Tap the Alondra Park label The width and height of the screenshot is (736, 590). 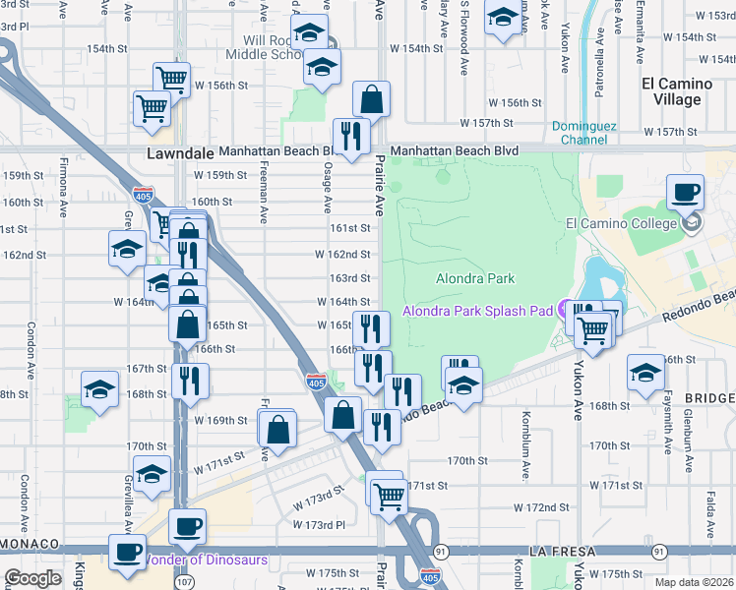[x=475, y=279]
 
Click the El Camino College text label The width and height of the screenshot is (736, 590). [x=620, y=223]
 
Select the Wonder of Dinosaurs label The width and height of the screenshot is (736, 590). [x=206, y=560]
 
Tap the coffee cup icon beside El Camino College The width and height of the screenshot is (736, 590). [x=685, y=192]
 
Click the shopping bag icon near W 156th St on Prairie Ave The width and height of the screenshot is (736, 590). [x=372, y=99]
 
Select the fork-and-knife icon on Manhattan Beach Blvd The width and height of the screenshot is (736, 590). [x=350, y=136]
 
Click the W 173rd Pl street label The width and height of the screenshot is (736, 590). [x=324, y=526]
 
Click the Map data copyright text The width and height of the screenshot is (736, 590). [x=692, y=582]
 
